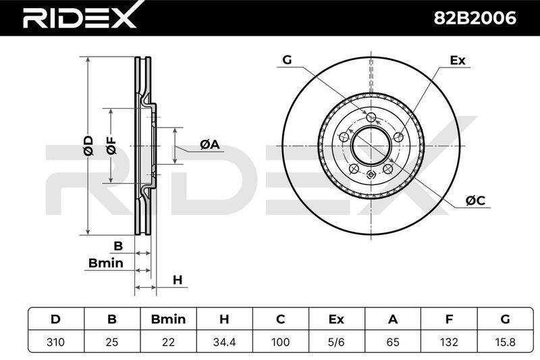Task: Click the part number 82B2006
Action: coord(475,18)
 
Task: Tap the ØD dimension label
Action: coord(88,145)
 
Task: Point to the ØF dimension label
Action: coord(111,145)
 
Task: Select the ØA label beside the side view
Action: coord(210,145)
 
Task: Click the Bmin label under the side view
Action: coord(106,263)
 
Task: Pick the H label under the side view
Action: coord(178,280)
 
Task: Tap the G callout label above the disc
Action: coord(287,59)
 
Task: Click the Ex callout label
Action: coord(458,60)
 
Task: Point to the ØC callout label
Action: coord(475,200)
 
